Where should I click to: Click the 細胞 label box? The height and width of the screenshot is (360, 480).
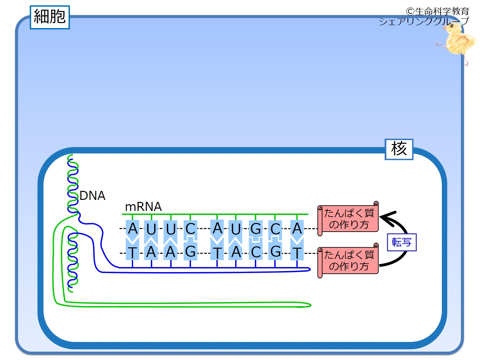[x=50, y=17]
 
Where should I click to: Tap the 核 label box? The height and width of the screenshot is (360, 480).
[x=399, y=149]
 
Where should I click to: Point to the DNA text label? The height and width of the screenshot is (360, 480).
[x=92, y=196]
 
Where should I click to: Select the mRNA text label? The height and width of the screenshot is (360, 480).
[x=143, y=207]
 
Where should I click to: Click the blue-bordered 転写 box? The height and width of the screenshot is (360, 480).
[x=401, y=242]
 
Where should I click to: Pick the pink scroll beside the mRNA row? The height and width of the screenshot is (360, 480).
[x=348, y=219]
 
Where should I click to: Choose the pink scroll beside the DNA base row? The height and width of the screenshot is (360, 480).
[x=348, y=260]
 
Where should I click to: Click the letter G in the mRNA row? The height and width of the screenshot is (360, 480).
[x=256, y=229]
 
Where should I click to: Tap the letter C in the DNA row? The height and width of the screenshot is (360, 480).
[x=256, y=252]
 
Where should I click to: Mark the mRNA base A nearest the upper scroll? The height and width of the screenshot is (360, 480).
[x=297, y=228]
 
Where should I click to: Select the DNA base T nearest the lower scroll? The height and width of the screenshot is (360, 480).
[x=297, y=253]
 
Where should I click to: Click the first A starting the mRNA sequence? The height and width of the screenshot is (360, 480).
[x=132, y=228]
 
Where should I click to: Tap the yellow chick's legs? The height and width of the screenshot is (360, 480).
[x=466, y=60]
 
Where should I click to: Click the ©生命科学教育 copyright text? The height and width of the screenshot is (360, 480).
[x=438, y=11]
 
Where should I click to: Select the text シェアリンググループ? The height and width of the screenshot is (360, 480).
[x=424, y=21]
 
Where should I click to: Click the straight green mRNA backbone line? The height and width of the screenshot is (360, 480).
[x=215, y=214]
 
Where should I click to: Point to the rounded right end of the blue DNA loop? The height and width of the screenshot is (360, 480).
[x=310, y=269]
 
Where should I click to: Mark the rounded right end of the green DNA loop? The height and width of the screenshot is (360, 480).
[x=310, y=305]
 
